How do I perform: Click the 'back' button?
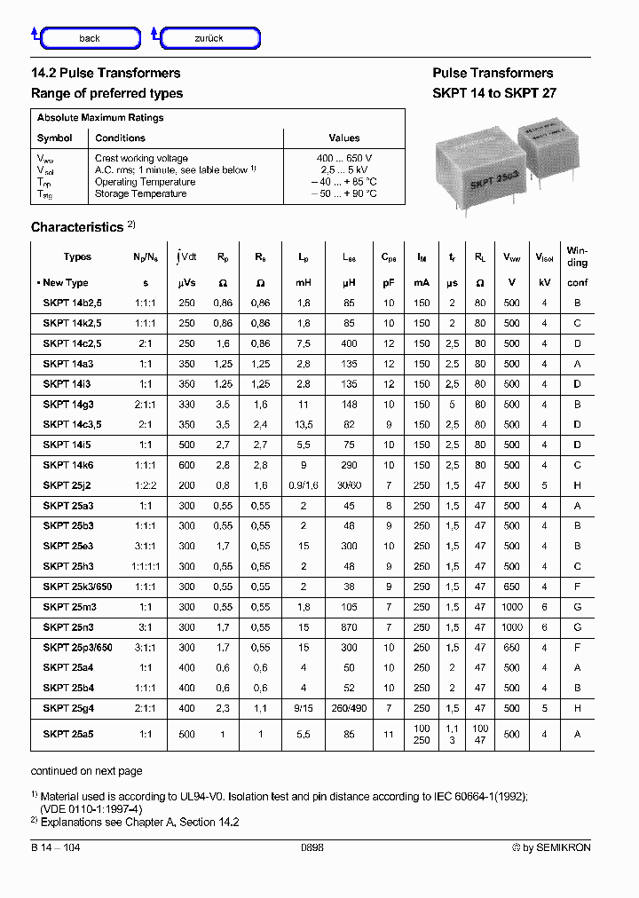click(90, 38)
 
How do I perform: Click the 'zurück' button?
click(209, 38)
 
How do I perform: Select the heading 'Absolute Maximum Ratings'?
click(100, 117)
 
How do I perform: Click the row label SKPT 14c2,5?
click(73, 343)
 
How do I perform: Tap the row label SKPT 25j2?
click(67, 485)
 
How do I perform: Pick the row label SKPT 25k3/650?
click(78, 587)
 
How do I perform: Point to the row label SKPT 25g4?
click(67, 708)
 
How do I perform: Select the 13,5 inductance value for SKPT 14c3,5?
click(304, 424)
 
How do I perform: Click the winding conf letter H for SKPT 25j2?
click(577, 485)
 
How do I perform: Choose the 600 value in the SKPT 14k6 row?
click(186, 465)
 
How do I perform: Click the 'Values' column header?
click(344, 138)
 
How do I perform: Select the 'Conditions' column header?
click(120, 138)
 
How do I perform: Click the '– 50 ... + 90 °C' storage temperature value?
click(343, 193)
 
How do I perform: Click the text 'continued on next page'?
click(86, 771)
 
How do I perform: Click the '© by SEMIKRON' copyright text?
click(550, 848)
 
